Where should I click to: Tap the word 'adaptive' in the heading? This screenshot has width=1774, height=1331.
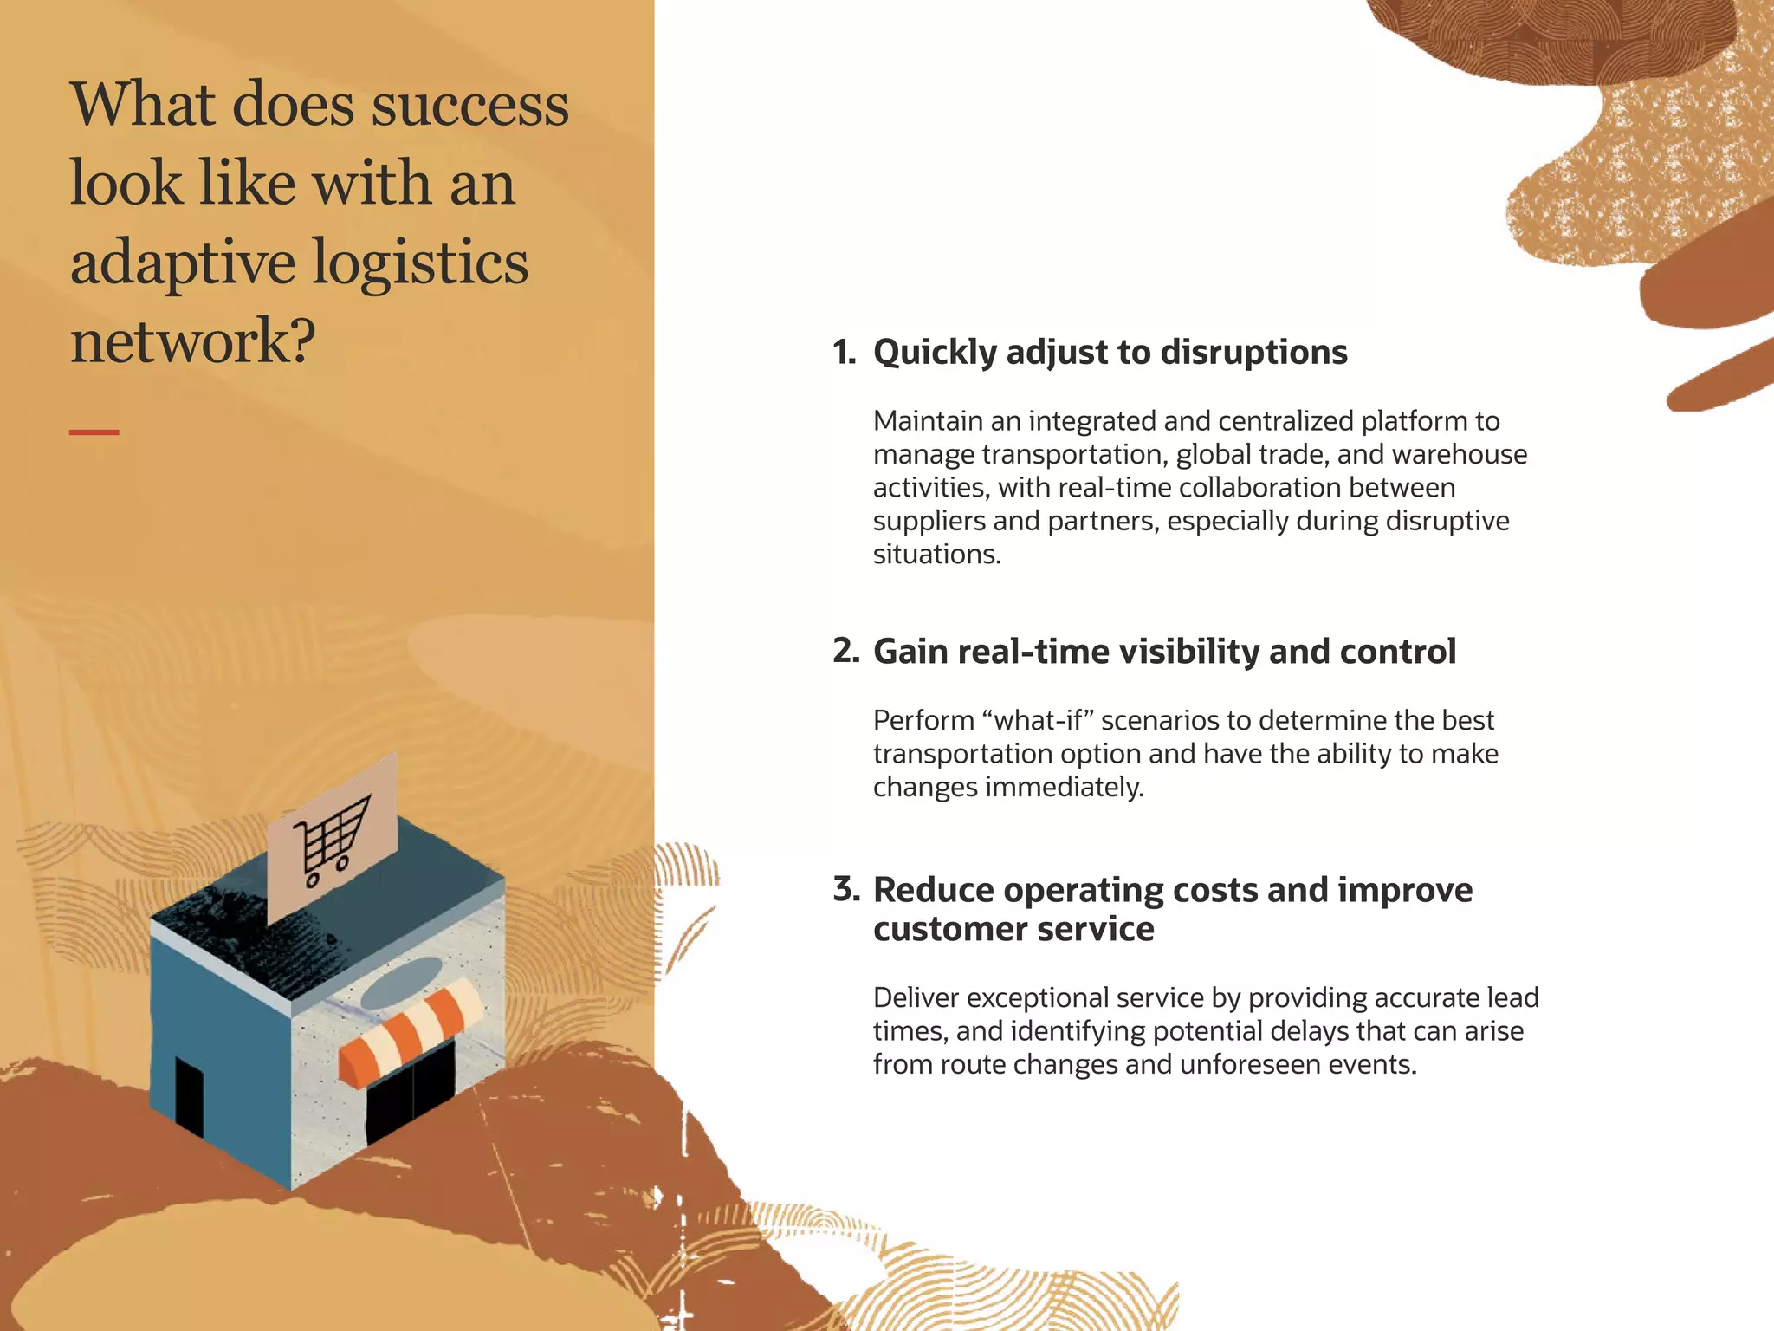tap(183, 263)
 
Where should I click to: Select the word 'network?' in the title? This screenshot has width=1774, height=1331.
tap(192, 341)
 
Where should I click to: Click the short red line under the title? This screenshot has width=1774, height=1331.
tap(94, 432)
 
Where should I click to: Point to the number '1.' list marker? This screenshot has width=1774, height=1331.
tap(844, 353)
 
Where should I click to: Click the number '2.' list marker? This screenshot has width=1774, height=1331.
tap(845, 651)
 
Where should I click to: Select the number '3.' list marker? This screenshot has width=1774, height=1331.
tap(845, 889)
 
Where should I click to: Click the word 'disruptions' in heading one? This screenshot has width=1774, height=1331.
tap(1253, 353)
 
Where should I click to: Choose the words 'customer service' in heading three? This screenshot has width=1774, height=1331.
tap(1013, 929)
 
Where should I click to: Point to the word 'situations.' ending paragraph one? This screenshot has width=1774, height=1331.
tap(936, 555)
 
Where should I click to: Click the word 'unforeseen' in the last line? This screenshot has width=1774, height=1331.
tap(1245, 1064)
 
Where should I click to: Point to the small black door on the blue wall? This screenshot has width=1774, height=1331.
tap(189, 1094)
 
